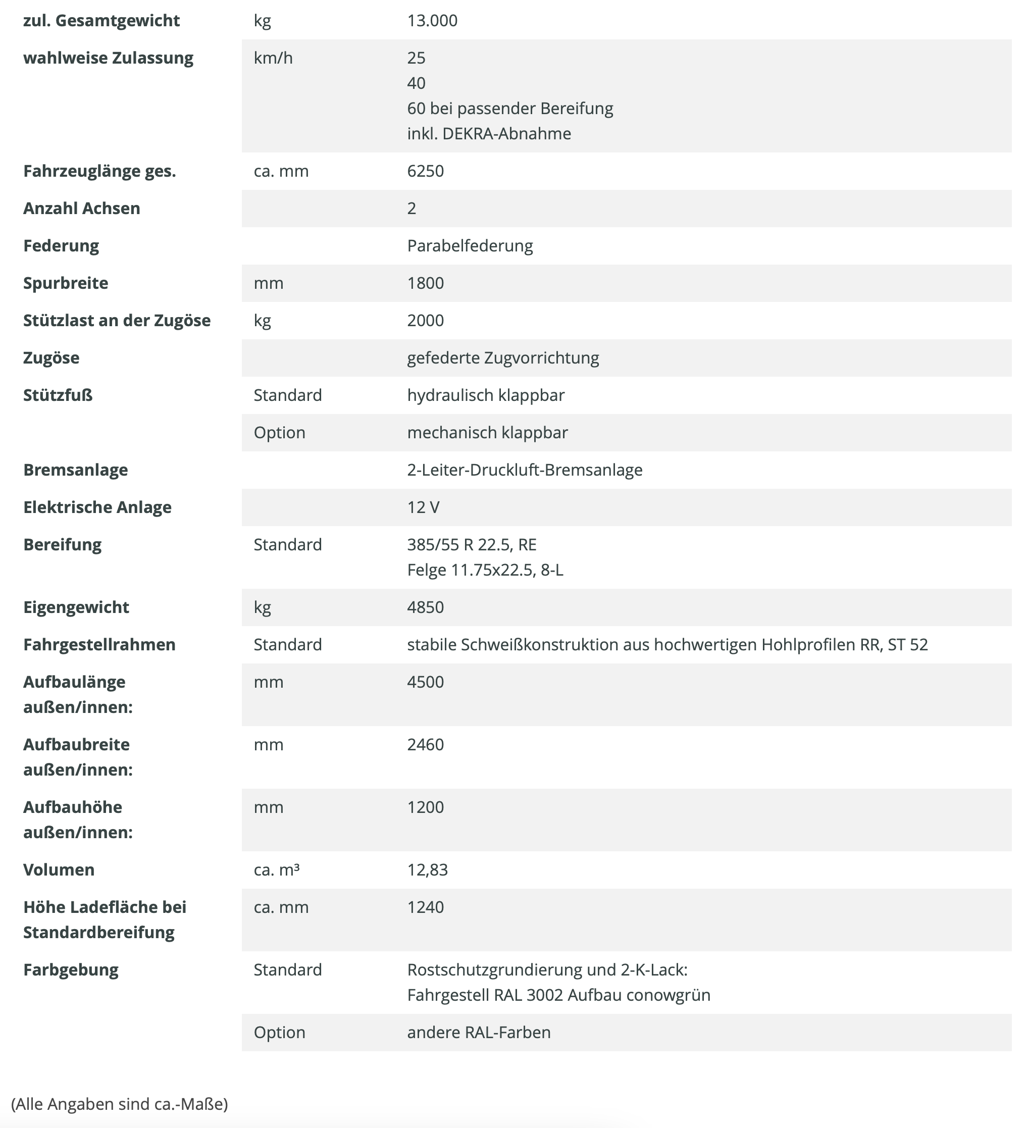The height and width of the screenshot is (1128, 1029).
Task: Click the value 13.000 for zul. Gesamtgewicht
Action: [432, 21]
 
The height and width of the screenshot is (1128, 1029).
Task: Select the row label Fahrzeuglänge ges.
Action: [99, 171]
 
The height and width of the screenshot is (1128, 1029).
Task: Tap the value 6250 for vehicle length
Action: [425, 171]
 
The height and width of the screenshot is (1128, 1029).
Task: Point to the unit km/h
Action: [273, 58]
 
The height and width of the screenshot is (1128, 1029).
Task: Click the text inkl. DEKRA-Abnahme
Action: [489, 134]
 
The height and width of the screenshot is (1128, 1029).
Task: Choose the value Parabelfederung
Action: [470, 246]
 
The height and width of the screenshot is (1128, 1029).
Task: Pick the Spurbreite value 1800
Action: [425, 283]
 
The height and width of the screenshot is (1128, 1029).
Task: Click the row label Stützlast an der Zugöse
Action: [117, 321]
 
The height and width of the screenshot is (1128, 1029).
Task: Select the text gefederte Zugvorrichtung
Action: [503, 358]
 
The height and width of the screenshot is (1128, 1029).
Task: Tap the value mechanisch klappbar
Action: [487, 433]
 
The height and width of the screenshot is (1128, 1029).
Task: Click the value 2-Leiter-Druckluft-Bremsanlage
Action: [525, 470]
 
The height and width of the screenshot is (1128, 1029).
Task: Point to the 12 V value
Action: [423, 507]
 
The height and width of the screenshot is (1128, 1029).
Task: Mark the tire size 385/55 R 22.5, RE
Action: [472, 545]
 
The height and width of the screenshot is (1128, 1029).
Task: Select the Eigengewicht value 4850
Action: [425, 607]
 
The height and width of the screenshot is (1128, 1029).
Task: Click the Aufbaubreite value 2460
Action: [425, 745]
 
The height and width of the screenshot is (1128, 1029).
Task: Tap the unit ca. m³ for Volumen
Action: [276, 870]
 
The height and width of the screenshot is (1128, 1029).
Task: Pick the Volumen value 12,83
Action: [428, 870]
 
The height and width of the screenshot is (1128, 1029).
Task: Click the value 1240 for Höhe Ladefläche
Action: [425, 907]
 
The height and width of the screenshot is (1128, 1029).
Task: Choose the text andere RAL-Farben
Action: [479, 1033]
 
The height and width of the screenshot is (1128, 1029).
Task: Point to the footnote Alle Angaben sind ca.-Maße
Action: [119, 1104]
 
